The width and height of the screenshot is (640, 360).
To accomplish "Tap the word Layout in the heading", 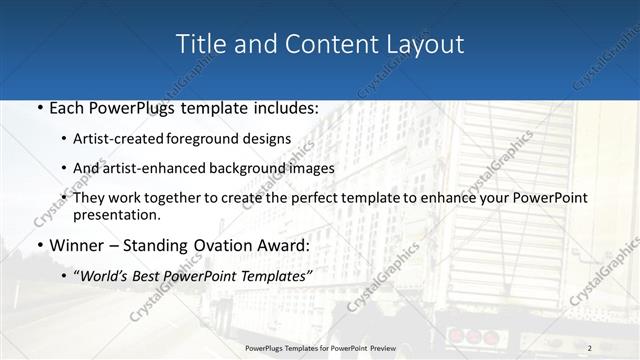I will click(425, 44).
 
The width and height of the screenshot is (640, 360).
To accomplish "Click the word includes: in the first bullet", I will click(283, 108).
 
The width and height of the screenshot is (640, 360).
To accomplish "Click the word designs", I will click(269, 138).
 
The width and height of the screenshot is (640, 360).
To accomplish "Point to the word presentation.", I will click(116, 215).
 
